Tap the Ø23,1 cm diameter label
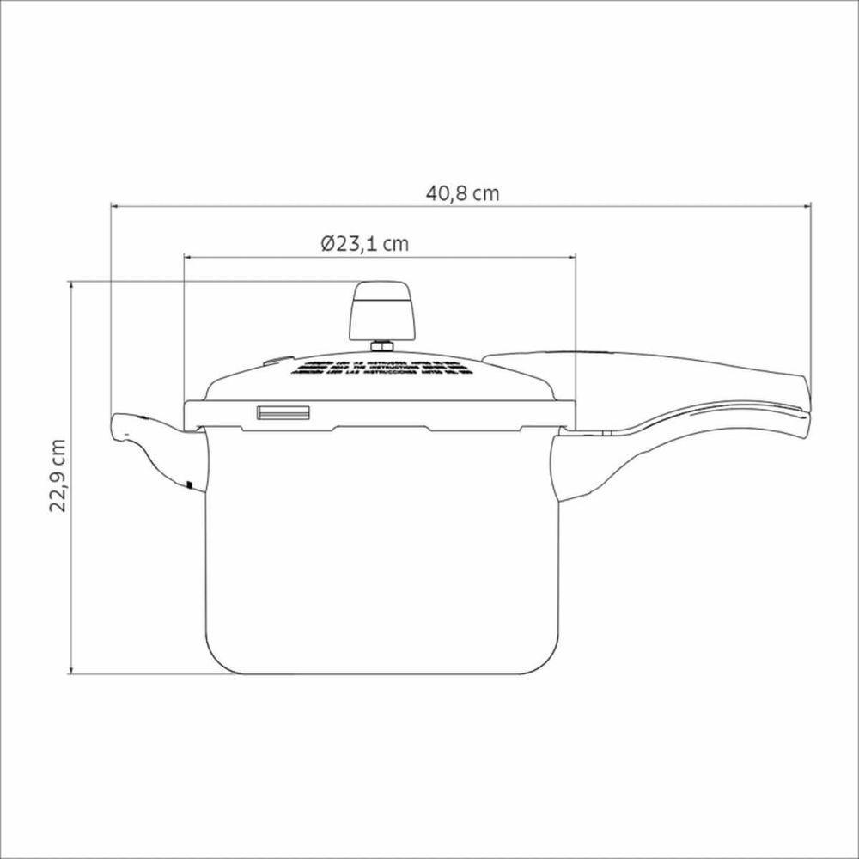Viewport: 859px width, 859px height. coord(366,243)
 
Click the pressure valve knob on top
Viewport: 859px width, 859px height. coord(381,312)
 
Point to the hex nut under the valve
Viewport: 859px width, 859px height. coord(381,346)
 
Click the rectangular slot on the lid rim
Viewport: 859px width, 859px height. coord(282,413)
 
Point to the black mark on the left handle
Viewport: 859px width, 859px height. coord(187,485)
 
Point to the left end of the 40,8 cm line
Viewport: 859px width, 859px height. coord(112,206)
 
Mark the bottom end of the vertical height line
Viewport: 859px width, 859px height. coord(71,673)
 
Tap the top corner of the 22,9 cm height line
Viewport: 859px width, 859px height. coord(71,281)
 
